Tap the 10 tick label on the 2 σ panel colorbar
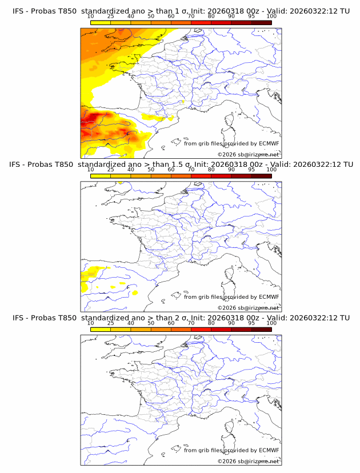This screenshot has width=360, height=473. pyautogui.click(x=90, y=323)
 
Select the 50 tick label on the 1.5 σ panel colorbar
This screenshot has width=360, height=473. pyautogui.click(x=151, y=169)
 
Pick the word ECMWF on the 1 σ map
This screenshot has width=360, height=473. pyautogui.click(x=269, y=143)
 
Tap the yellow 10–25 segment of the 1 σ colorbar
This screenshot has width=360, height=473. pyautogui.click(x=101, y=22)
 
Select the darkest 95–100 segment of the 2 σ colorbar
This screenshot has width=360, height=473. pyautogui.click(x=262, y=330)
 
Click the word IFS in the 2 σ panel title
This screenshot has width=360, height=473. pyautogui.click(x=18, y=318)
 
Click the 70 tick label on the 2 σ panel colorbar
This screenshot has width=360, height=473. pyautogui.click(x=191, y=323)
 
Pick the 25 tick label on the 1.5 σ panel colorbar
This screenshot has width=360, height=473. pyautogui.click(x=110, y=169)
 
